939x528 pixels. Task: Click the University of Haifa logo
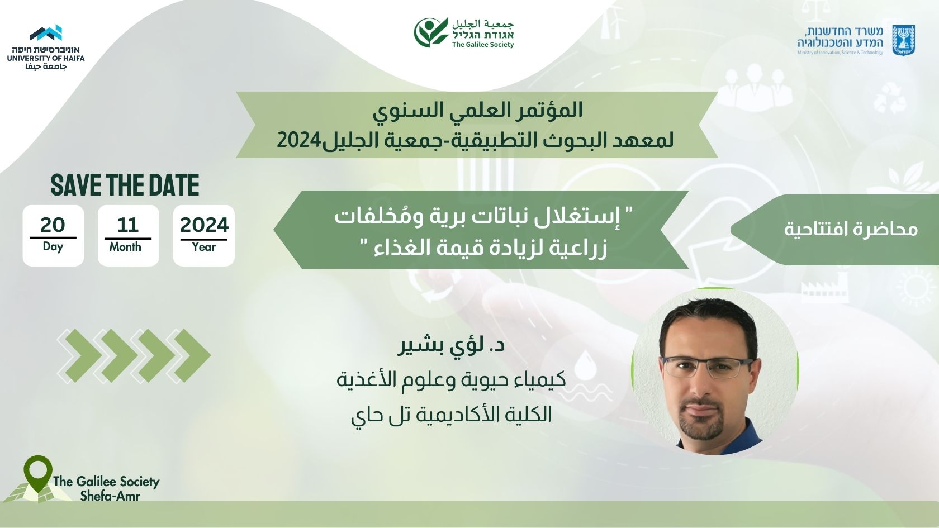[x=46, y=47]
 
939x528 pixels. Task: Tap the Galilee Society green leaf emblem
[x=431, y=32]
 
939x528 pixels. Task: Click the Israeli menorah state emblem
[x=903, y=40]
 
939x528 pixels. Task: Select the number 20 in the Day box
[x=53, y=225]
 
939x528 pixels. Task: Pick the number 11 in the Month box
[x=128, y=226]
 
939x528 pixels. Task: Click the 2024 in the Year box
[x=204, y=226]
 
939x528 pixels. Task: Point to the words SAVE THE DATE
[x=125, y=185]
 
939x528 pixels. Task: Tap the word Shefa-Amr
[x=110, y=496]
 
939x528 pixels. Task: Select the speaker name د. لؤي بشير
[x=451, y=346]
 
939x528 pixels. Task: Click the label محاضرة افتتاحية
[x=851, y=229]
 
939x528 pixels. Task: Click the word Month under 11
[x=125, y=247]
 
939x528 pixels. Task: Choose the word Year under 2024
[x=203, y=247]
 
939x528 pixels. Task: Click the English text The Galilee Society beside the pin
[x=106, y=482]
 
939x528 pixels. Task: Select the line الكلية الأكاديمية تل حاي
[x=451, y=415]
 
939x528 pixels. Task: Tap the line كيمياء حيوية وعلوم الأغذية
[x=451, y=380]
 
